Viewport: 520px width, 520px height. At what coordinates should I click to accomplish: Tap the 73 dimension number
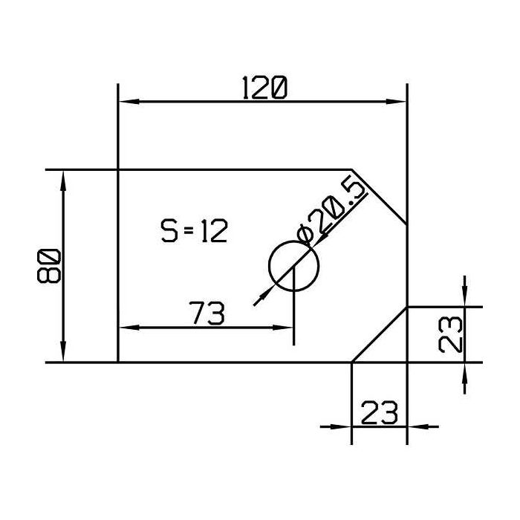coord(207,314)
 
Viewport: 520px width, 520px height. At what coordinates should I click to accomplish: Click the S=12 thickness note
coord(194,232)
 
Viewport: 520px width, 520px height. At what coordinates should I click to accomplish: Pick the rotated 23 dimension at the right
coord(451,334)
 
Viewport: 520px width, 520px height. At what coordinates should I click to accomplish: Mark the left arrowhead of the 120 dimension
coord(126,103)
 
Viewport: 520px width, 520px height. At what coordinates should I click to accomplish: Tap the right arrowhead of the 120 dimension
coord(400,103)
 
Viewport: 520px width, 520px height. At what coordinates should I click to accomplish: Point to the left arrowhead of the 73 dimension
coord(126,327)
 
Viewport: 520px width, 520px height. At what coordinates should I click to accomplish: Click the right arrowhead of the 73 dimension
coord(287,327)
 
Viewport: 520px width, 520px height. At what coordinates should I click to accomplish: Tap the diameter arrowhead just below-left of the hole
coord(260,299)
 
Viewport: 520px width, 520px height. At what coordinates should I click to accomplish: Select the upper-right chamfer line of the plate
coord(379,197)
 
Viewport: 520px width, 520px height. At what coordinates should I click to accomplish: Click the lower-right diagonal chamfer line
coord(379,334)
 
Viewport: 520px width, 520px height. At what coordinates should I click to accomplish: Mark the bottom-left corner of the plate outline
coord(119,363)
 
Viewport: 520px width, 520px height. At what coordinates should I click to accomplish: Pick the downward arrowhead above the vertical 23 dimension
coord(465,298)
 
